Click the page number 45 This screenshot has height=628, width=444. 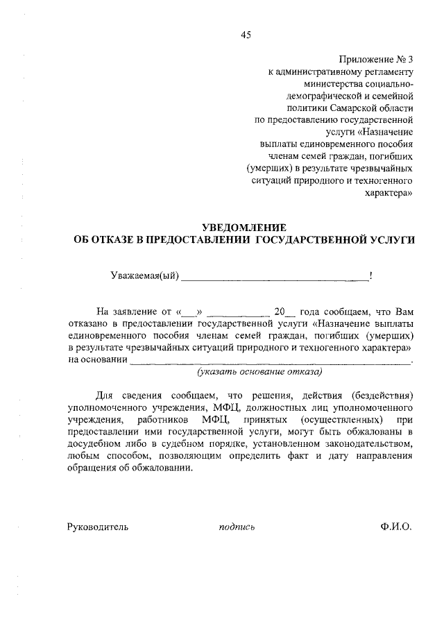(246, 35)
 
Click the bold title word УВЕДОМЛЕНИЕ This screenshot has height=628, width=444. (244, 227)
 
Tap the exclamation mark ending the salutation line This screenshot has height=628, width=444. (371, 276)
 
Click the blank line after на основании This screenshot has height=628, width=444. (271, 362)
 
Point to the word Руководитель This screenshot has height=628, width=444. (98, 527)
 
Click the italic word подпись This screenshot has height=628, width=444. (237, 527)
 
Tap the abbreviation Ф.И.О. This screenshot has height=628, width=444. (395, 527)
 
